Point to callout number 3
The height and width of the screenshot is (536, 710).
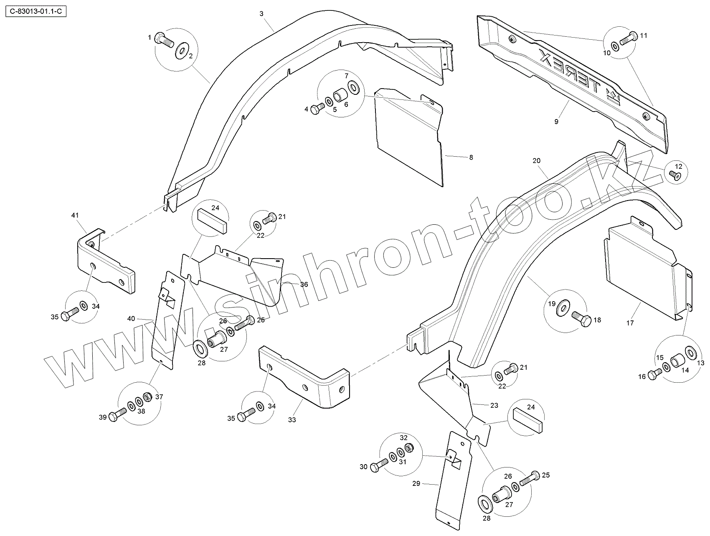(261, 14)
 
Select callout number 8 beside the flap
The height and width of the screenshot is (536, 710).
(471, 157)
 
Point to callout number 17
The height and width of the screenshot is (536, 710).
(630, 323)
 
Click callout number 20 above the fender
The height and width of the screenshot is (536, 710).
(537, 161)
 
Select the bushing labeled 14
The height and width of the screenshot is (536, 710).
(677, 360)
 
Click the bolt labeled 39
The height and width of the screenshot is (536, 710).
(117, 414)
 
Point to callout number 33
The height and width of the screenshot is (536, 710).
(292, 419)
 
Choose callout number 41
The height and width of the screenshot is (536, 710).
(75, 216)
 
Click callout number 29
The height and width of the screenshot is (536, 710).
(416, 483)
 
